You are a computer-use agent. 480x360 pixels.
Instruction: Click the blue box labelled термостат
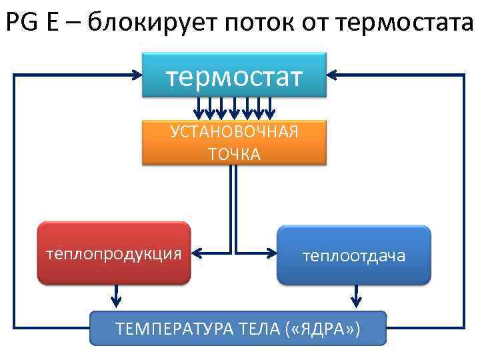(x=234, y=75)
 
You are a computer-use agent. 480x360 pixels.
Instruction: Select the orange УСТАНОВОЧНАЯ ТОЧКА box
(x=234, y=142)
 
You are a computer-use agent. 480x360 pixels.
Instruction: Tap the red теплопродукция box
(x=114, y=254)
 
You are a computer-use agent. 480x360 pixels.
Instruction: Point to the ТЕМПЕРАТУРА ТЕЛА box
(x=238, y=328)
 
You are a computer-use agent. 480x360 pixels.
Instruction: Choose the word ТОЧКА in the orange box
(x=234, y=155)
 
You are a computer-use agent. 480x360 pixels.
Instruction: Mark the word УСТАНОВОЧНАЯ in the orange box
(x=234, y=131)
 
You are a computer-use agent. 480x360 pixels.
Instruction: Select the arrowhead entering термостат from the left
(x=137, y=75)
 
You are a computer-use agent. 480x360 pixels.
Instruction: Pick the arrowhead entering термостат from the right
(x=333, y=75)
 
